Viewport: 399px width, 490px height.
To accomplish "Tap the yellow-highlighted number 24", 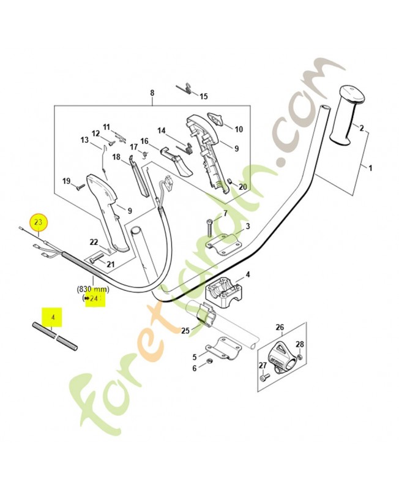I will [x=94, y=298].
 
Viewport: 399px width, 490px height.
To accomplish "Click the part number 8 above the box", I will [x=152, y=93].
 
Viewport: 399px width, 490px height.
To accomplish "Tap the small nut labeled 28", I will [x=299, y=356].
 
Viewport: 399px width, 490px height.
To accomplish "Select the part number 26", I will [x=280, y=327].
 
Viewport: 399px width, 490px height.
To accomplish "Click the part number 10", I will [x=239, y=129].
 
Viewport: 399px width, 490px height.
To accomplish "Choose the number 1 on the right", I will [x=370, y=167].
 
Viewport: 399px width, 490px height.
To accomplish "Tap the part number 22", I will [x=94, y=242].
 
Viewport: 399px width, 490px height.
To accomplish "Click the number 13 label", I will [x=84, y=140].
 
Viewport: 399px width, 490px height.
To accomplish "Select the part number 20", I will [x=242, y=187].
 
